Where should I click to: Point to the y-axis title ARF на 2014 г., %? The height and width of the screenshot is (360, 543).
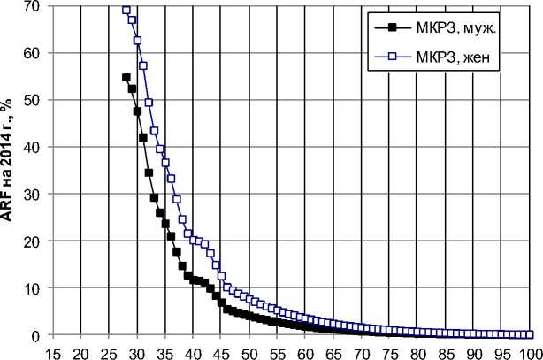click(11, 168)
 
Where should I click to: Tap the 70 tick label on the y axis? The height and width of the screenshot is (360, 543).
click(34, 6)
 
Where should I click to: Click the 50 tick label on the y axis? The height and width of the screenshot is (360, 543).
click(34, 100)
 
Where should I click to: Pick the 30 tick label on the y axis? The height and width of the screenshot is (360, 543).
click(34, 194)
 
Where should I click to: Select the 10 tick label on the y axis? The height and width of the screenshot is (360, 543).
click(34, 287)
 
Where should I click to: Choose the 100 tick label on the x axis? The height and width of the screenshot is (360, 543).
click(529, 350)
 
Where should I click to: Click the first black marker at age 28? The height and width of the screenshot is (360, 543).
click(126, 78)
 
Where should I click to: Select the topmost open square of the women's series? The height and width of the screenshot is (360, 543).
click(126, 10)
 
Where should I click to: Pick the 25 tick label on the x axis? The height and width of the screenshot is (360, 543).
click(109, 350)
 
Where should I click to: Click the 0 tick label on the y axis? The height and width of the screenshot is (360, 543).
click(36, 335)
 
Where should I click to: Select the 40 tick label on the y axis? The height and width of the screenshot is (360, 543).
click(34, 147)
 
